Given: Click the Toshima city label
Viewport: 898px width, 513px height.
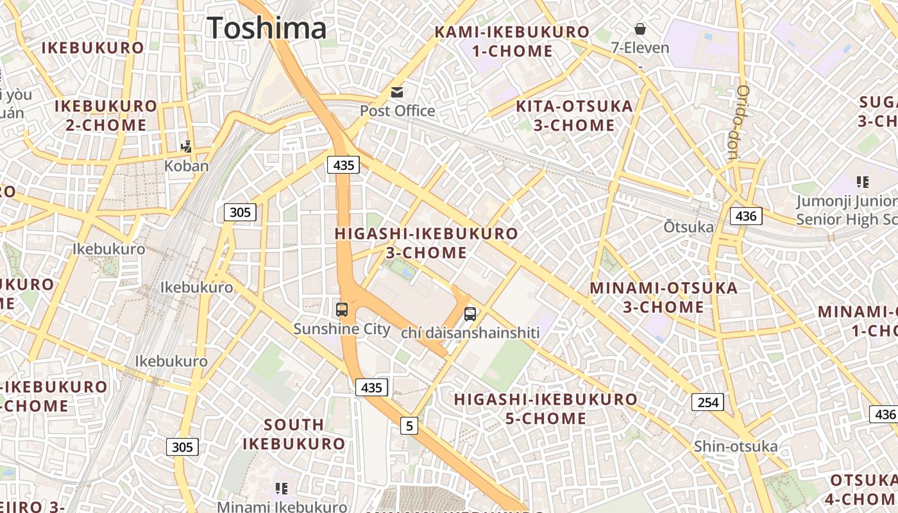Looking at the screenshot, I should tap(267, 28).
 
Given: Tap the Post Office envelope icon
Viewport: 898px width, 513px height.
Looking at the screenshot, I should tap(397, 92).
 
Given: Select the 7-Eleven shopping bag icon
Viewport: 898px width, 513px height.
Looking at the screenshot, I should tap(640, 29).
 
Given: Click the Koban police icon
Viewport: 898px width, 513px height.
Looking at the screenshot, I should tap(187, 147).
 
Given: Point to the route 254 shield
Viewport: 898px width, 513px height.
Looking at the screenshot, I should tap(707, 402).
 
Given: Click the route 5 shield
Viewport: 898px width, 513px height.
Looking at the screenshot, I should tap(409, 425).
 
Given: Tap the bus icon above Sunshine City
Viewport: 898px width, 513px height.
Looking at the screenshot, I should tap(342, 310).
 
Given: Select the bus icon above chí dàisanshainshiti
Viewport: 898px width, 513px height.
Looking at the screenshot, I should tap(470, 314).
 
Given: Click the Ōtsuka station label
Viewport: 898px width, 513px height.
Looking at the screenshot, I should tap(688, 227).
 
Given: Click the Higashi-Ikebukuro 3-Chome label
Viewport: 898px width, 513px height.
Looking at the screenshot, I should tap(426, 243).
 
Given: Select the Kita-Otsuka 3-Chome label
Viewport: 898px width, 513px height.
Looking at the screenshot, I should tap(574, 115).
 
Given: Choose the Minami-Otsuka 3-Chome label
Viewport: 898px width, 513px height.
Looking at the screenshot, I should tap(663, 298).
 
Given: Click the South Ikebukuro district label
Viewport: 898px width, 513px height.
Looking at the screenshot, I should tap(294, 434).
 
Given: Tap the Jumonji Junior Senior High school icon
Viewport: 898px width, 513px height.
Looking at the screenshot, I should tap(863, 182).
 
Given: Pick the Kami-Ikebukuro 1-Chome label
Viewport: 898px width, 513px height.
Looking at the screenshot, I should tap(512, 41).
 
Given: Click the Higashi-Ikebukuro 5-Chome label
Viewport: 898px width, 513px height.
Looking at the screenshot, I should tap(545, 409).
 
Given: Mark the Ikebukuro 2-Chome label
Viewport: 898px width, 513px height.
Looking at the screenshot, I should tap(106, 115).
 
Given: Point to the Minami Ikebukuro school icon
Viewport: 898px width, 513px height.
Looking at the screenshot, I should tap(281, 489).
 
